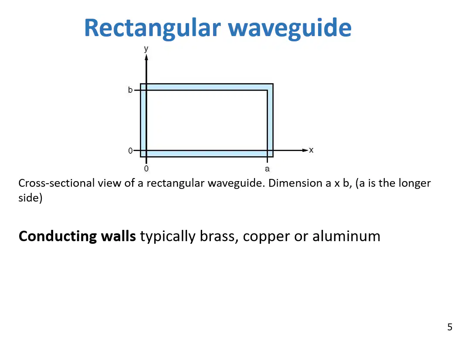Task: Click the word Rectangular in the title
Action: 152,28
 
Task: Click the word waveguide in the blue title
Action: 290,28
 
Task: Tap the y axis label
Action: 146,49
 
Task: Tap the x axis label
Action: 311,150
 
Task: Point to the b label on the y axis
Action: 130,90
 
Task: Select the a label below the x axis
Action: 267,169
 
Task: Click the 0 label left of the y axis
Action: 130,151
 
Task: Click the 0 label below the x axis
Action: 146,168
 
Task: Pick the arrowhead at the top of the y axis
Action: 146,57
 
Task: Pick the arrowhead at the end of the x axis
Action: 305,150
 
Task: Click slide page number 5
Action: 450,327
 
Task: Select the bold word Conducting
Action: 58,236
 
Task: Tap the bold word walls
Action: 119,236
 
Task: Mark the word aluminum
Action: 346,236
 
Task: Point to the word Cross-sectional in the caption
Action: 57,183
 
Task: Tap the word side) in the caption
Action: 30,198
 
